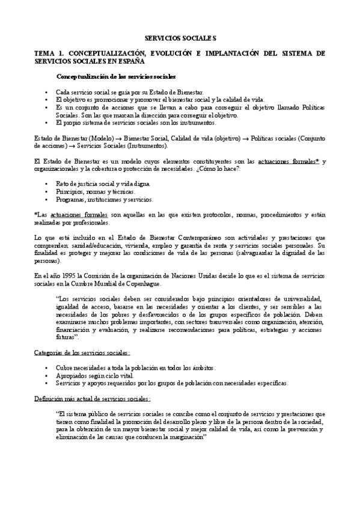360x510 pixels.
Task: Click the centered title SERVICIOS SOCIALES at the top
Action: click(x=180, y=37)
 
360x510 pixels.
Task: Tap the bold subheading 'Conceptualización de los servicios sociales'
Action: click(x=116, y=76)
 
